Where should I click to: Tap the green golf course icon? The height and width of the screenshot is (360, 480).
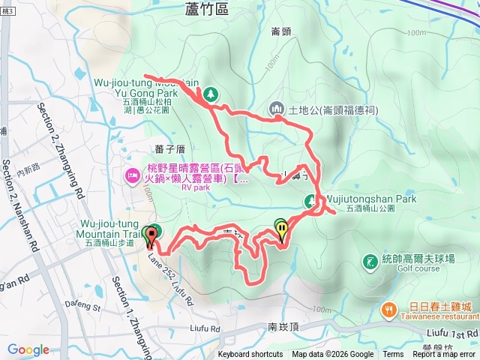pyautogui.click(x=369, y=262)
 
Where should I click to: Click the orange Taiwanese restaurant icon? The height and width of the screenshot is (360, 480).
pyautogui.click(x=389, y=308)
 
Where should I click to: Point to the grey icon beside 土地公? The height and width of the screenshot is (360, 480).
pyautogui.click(x=276, y=109)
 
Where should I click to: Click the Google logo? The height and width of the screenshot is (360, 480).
pyautogui.click(x=28, y=349)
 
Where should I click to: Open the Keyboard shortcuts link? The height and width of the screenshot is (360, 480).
pyautogui.click(x=250, y=355)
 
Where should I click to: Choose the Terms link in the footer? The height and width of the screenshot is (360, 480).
pyautogui.click(x=393, y=355)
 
